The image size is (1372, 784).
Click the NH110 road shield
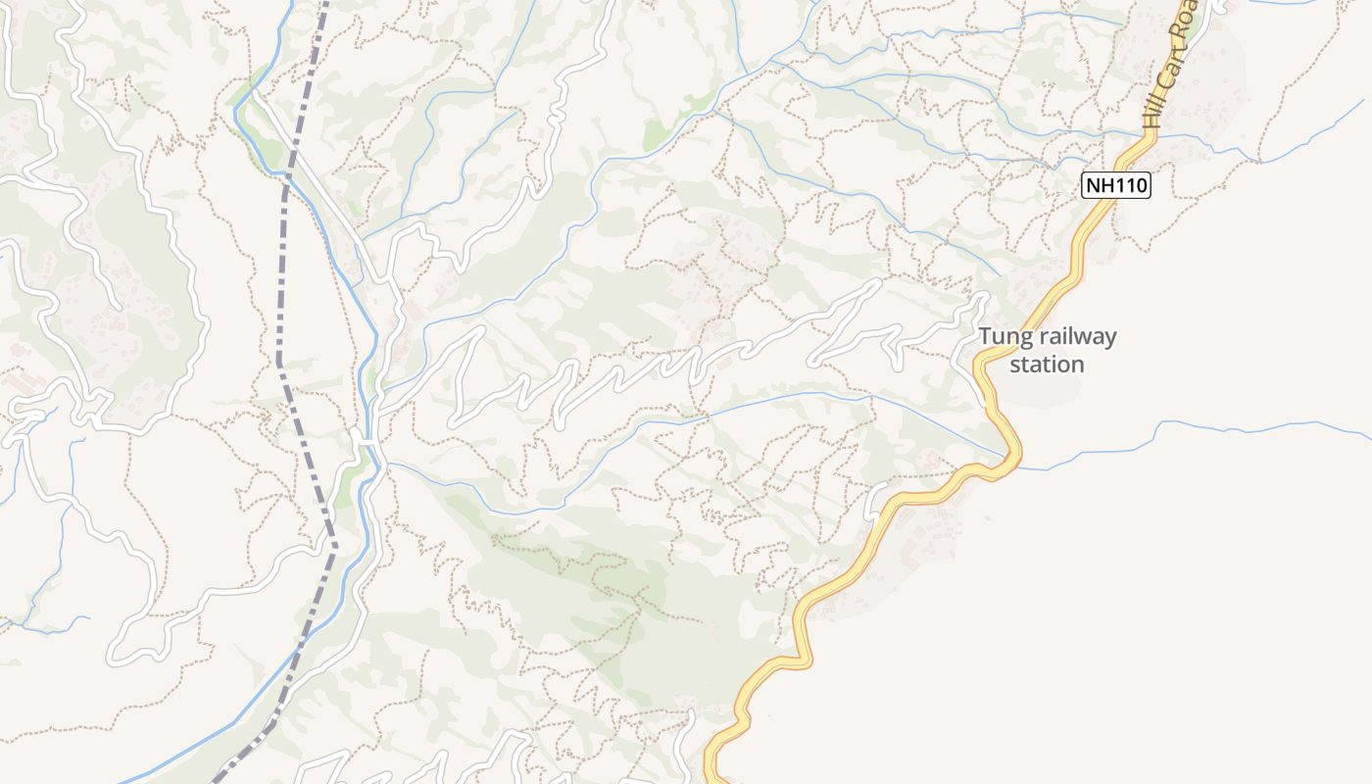tap(1115, 185)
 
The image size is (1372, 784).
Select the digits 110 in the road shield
tap(1128, 185)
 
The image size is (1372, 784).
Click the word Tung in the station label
tap(1001, 338)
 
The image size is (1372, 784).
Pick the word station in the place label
tap(1047, 365)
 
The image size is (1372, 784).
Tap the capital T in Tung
tap(985, 337)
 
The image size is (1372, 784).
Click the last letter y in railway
tap(1110, 340)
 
